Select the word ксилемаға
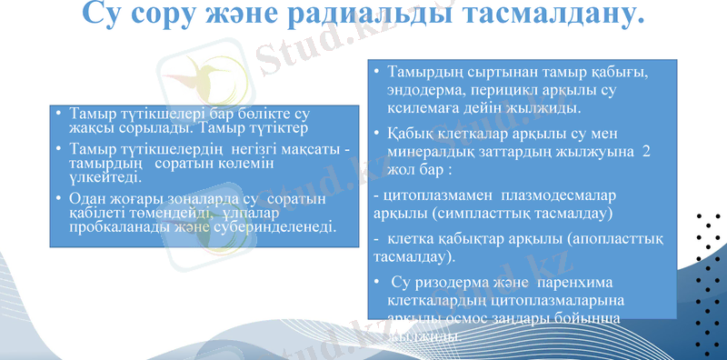424,108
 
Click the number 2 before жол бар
646,152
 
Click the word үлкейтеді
101,178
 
